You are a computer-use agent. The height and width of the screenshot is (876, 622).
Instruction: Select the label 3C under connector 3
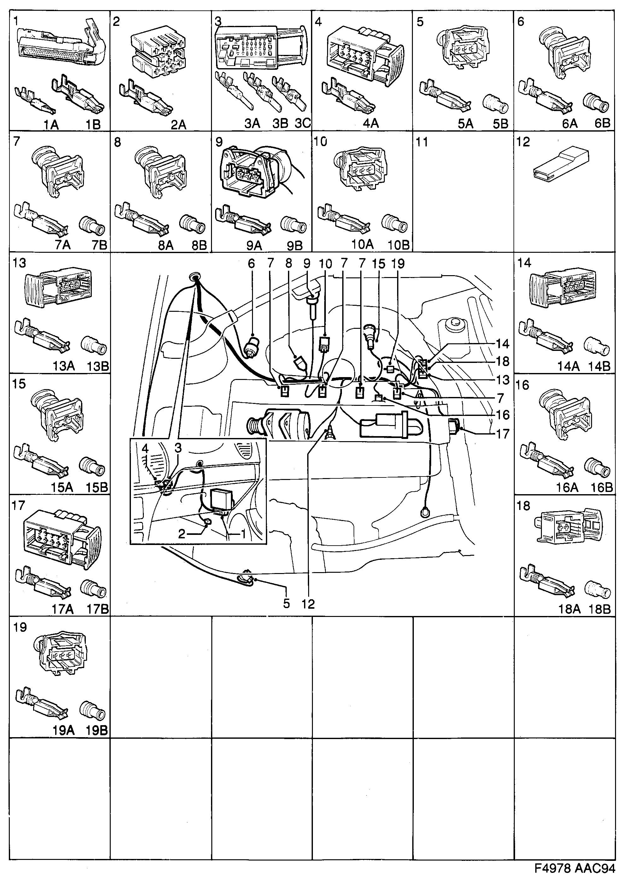(x=302, y=123)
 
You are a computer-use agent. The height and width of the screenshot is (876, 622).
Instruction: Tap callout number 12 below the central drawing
(x=308, y=604)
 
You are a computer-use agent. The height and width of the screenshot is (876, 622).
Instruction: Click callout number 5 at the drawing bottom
(x=286, y=604)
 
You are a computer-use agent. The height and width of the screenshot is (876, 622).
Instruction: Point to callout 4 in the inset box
(x=145, y=448)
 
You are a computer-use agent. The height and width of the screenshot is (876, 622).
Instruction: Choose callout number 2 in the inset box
(x=182, y=534)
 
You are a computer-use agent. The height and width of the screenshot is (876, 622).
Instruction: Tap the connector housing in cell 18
(x=567, y=527)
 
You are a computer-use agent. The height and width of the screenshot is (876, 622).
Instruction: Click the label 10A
(x=362, y=245)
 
